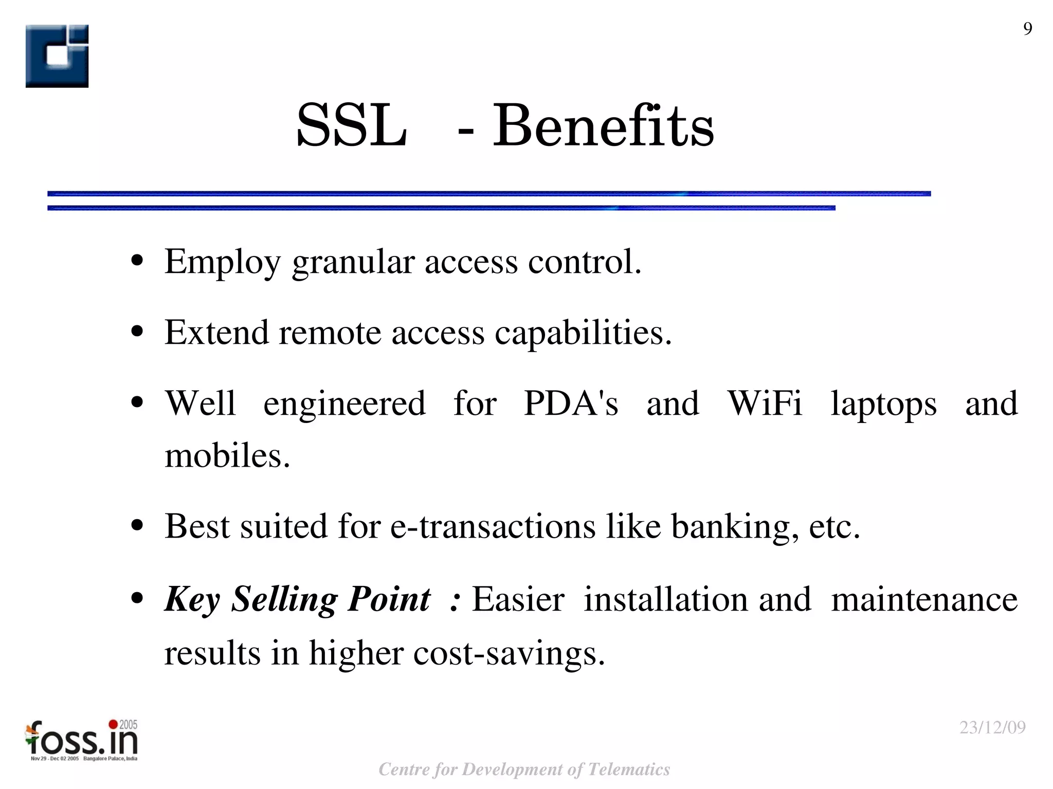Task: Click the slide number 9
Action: tap(1027, 29)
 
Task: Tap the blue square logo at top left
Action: tap(57, 56)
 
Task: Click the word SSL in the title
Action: tap(352, 125)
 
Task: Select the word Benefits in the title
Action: tap(603, 125)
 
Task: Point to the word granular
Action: tap(353, 262)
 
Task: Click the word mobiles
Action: tap(227, 455)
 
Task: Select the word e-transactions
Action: tap(493, 526)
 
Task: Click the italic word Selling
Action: tap(284, 600)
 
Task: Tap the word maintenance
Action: tap(924, 599)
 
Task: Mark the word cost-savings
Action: tap(509, 654)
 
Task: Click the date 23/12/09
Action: tap(992, 727)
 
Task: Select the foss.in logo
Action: tap(81, 740)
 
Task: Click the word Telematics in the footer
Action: tap(629, 769)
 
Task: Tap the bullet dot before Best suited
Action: tap(137, 526)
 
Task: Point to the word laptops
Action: tap(883, 404)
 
